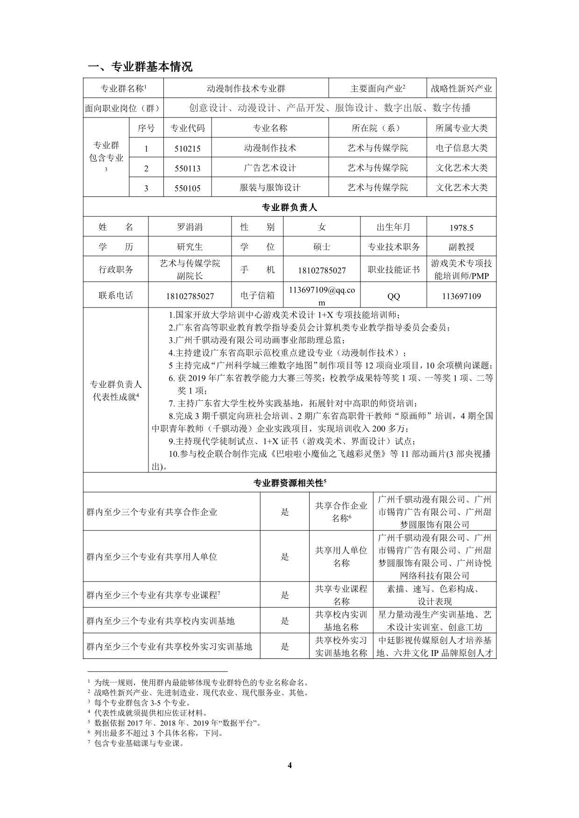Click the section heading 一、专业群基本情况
point(140,67)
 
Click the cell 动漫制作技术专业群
point(246,88)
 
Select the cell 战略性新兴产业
point(461,88)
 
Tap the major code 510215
point(187,148)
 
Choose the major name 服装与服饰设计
point(270,188)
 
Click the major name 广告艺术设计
point(270,168)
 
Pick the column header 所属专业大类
point(461,128)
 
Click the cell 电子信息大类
point(461,148)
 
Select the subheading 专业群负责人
point(289,207)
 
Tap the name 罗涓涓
point(190,227)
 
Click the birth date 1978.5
point(461,228)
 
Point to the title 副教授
point(461,247)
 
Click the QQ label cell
point(394,296)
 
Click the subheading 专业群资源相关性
point(289,482)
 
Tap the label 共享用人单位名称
point(341,556)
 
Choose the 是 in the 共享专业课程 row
point(285,595)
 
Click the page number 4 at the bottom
point(289,765)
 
